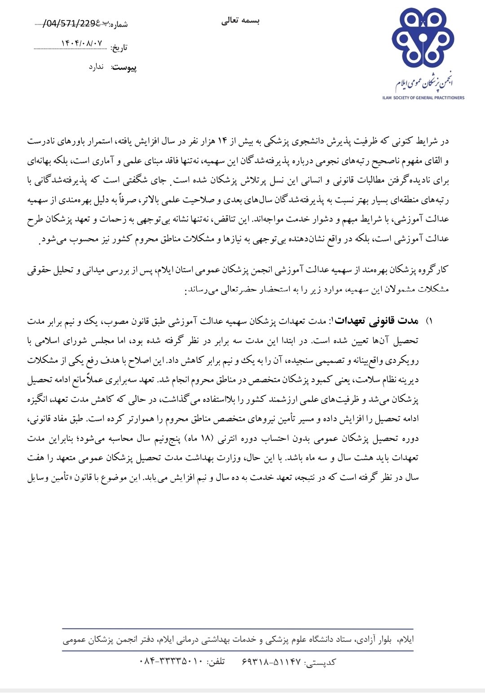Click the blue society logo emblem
423,39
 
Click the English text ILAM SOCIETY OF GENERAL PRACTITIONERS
423,98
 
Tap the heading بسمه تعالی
241,21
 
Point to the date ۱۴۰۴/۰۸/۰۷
82,44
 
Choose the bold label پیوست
124,68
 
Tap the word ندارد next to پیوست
97,67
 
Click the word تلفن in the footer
216,662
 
